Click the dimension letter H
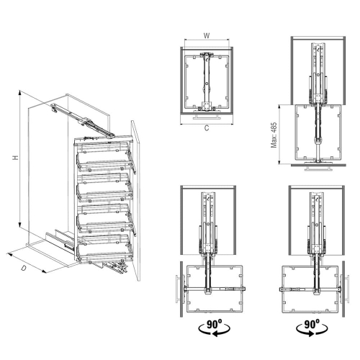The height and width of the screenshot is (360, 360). coord(16,158)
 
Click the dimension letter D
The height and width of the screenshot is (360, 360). coord(23,268)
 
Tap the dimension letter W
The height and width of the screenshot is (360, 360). coord(207,36)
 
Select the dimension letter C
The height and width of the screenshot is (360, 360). coord(207,128)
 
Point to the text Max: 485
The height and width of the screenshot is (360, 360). coord(274,135)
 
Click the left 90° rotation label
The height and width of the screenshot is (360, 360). coord(214,325)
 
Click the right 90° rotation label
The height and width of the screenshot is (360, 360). coord(312,325)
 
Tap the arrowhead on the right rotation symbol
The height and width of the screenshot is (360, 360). coord(311,333)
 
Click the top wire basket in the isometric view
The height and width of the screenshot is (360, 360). coord(104,156)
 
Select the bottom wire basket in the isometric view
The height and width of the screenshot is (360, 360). coord(105,249)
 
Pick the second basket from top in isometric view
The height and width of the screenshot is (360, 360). coord(104,187)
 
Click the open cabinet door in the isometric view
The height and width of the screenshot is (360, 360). coord(135,200)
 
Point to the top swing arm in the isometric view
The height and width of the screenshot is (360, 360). coord(83,121)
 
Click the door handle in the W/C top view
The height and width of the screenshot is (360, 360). coord(207,117)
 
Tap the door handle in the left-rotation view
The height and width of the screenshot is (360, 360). coord(177,289)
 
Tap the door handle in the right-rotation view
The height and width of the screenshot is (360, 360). coord(348,289)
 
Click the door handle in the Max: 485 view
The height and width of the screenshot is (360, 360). coord(318,168)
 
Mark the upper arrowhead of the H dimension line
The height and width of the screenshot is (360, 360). coord(20,92)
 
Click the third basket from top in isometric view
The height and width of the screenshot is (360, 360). coord(105,218)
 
